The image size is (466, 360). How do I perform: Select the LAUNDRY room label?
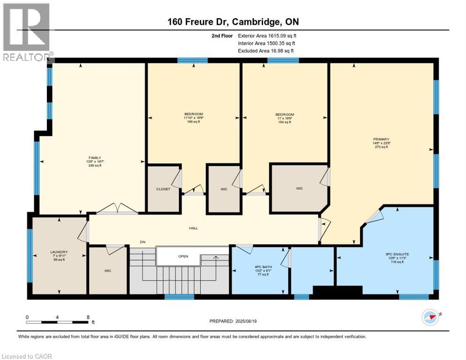pos(59,252)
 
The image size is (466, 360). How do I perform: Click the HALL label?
pos(193,228)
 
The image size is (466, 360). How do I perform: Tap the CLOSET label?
pos(163,189)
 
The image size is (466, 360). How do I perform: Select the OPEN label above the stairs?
pos(183,256)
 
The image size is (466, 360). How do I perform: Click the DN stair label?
pos(143,242)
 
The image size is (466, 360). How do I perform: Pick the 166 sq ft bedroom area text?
pos(193,122)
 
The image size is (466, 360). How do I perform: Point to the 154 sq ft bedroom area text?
pos(285,122)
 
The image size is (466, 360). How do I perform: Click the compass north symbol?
pos(430,317)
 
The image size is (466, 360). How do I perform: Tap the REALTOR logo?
pos(27,32)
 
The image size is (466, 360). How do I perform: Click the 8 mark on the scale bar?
pos(88,317)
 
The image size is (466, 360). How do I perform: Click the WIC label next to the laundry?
pos(108,270)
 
